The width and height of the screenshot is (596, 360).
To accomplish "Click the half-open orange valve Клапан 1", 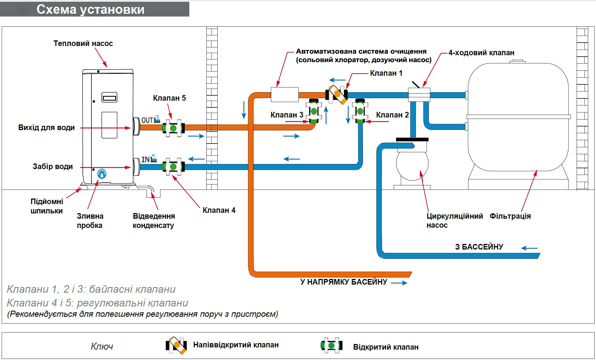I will point(337,94).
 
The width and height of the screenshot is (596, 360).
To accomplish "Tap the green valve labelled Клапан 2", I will point(360,111).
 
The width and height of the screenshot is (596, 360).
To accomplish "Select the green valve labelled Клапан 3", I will point(314,111).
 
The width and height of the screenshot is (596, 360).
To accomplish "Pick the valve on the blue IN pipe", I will point(173,167).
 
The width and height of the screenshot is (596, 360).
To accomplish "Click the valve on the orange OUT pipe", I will point(173,128).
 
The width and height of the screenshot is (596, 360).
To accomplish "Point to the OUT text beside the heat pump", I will point(147,120).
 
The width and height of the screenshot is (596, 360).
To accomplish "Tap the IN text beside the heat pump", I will point(145,160).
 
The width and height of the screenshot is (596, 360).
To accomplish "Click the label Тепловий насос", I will point(83,43).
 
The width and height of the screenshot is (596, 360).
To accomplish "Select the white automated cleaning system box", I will point(284,94).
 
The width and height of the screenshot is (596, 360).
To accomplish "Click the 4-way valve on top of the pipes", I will point(419,94).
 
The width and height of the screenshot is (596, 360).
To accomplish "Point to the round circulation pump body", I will point(412,164).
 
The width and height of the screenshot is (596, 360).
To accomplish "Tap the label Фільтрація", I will point(510,216).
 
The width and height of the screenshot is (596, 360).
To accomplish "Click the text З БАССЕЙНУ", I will point(479,247).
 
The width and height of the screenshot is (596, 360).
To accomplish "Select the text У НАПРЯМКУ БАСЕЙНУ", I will point(344,282).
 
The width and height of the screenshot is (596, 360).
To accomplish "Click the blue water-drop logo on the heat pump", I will point(102,174).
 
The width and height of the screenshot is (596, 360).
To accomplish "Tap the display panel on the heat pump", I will point(109,98).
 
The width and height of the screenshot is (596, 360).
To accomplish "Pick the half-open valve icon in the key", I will point(176,345).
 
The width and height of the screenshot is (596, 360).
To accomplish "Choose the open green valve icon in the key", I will point(331,345).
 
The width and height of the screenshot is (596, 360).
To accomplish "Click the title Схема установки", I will point(90,10).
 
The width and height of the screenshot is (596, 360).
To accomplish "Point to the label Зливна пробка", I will point(90,221).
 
